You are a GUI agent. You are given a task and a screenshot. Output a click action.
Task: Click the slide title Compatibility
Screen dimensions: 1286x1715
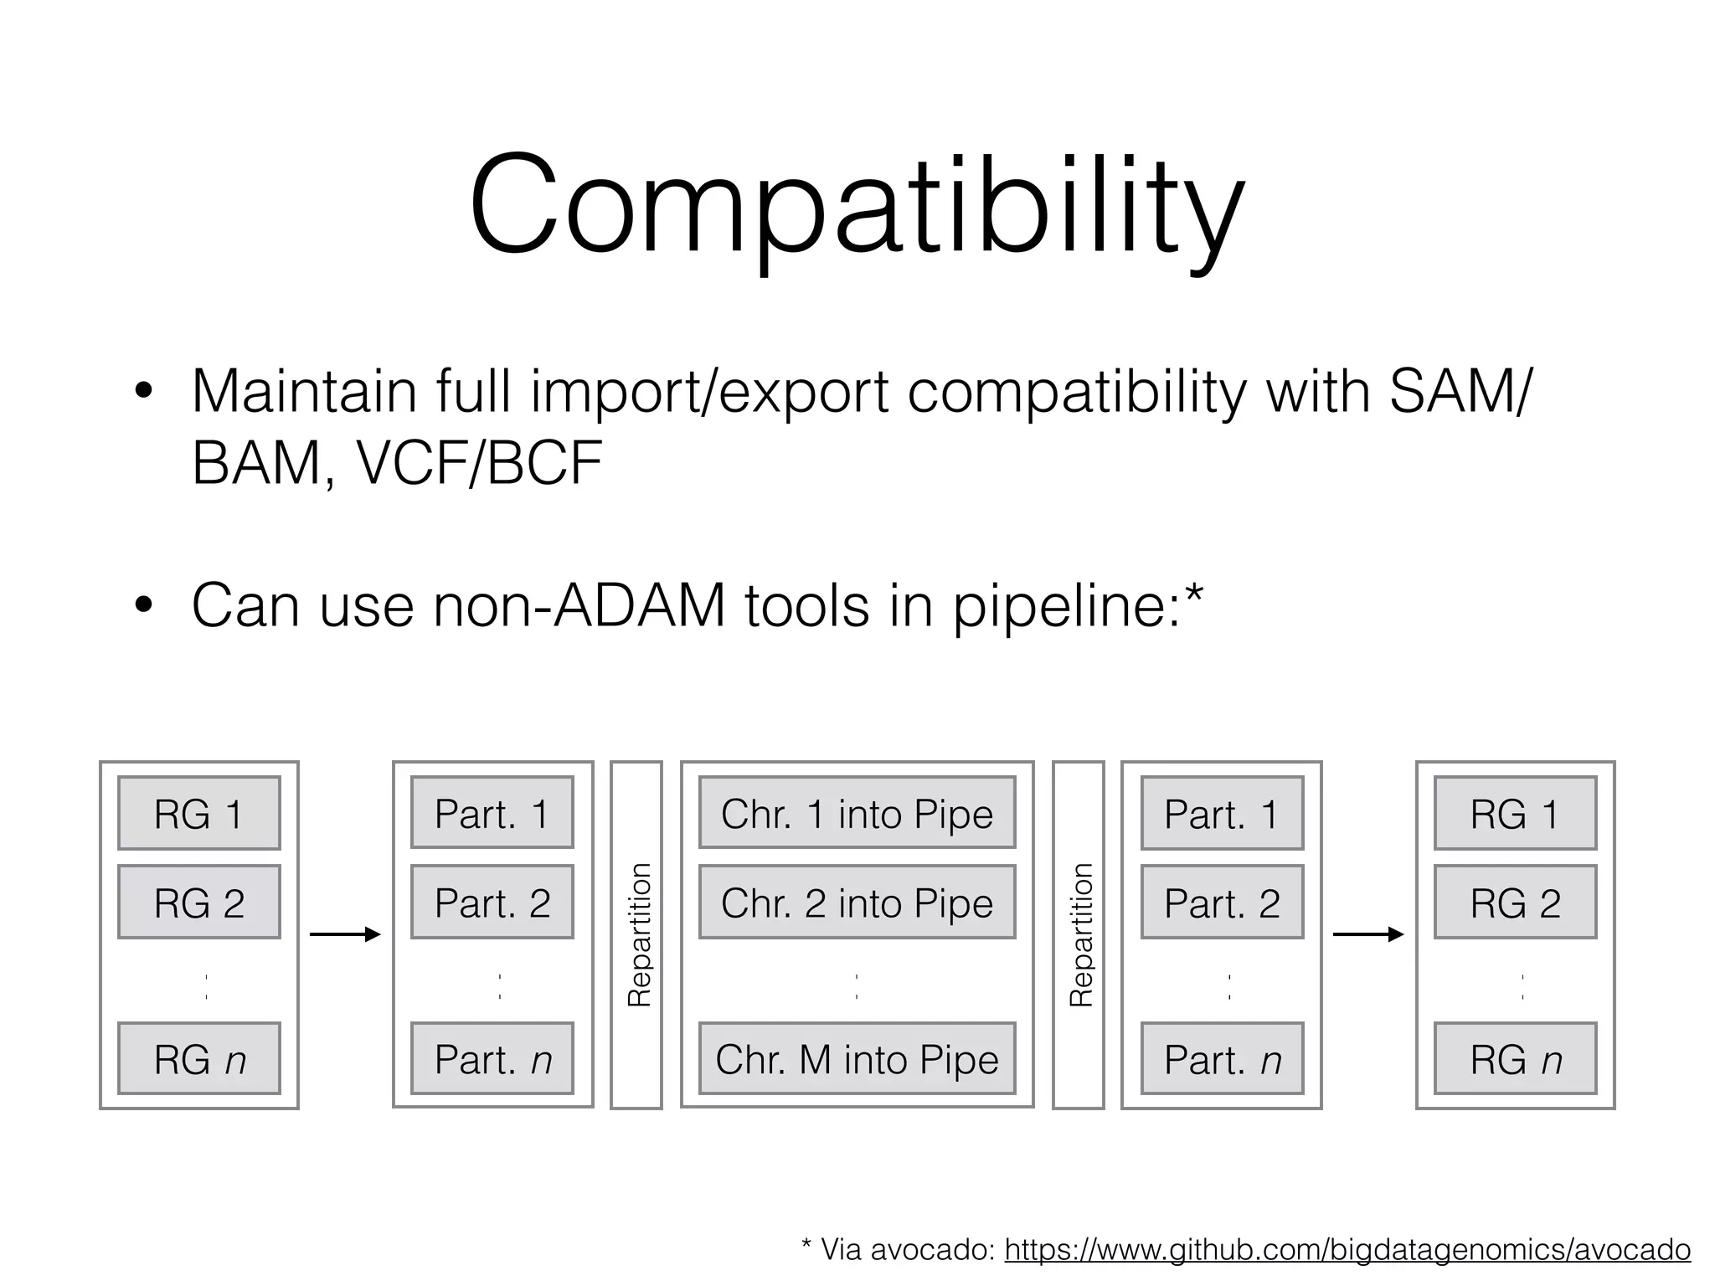tap(857, 205)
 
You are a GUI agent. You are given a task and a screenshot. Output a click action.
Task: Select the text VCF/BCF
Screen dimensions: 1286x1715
tap(480, 463)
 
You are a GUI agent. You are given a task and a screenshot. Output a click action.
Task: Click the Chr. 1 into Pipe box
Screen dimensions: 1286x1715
tap(857, 813)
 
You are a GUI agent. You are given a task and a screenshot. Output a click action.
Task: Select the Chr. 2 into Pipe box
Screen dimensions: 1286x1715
tap(857, 902)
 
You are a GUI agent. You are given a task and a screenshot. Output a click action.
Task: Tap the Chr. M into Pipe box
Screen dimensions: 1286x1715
tap(857, 1058)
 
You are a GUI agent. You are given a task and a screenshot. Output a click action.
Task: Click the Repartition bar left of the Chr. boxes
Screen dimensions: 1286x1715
tap(636, 934)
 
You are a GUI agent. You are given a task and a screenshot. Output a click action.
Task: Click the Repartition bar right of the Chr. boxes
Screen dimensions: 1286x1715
tap(1079, 934)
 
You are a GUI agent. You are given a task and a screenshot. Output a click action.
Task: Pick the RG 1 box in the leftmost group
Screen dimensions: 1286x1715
tap(199, 813)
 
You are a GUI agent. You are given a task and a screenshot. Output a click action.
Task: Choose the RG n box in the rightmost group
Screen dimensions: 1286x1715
tap(1515, 1058)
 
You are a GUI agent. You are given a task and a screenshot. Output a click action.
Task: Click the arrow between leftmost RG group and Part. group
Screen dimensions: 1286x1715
tap(345, 934)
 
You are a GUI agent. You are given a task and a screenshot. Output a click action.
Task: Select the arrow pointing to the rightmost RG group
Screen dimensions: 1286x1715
tap(1367, 934)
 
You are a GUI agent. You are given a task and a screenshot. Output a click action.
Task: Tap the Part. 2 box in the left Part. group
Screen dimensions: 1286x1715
tap(492, 902)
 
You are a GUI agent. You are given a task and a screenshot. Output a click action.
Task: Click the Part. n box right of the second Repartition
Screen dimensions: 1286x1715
tap(1222, 1058)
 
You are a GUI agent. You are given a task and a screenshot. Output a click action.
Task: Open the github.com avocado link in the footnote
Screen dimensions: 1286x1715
tap(1347, 1249)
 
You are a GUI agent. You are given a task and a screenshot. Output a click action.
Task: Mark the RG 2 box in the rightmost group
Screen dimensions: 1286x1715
tap(1515, 902)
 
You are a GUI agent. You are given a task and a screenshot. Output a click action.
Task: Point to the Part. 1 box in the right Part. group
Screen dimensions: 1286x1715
tap(1222, 813)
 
